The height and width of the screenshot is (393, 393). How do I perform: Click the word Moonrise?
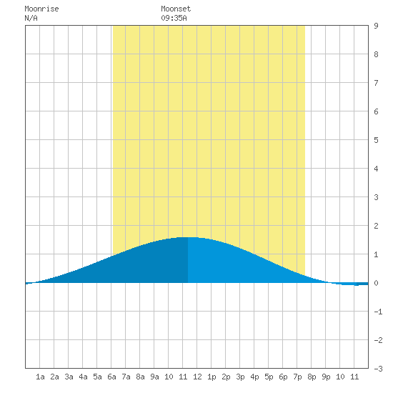[41, 9]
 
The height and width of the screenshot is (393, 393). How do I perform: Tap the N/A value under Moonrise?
[31, 19]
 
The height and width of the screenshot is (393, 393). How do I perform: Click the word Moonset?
[176, 9]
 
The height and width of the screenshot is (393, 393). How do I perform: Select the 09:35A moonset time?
[174, 19]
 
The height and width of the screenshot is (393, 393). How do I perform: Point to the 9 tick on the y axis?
[376, 26]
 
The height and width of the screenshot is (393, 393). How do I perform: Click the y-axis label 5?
[376, 140]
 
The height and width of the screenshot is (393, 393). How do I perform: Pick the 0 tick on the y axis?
[376, 283]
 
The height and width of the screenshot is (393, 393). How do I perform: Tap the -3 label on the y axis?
[378, 369]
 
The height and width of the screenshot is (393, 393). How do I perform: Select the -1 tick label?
[378, 312]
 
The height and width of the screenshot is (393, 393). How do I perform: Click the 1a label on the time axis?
[40, 377]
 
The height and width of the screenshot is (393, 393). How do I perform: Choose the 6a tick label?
[111, 377]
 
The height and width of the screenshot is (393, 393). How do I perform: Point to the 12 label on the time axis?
[197, 377]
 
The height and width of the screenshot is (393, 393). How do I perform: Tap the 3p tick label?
[240, 377]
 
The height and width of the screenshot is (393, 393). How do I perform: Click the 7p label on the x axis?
[297, 377]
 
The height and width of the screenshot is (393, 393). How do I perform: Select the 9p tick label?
[326, 377]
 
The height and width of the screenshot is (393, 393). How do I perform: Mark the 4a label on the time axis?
[83, 377]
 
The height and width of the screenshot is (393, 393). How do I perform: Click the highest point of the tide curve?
[188, 237]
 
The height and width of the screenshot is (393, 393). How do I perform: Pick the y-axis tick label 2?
[376, 226]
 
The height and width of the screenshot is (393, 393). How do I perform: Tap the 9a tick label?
[154, 377]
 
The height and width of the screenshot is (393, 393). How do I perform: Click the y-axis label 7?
[376, 83]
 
